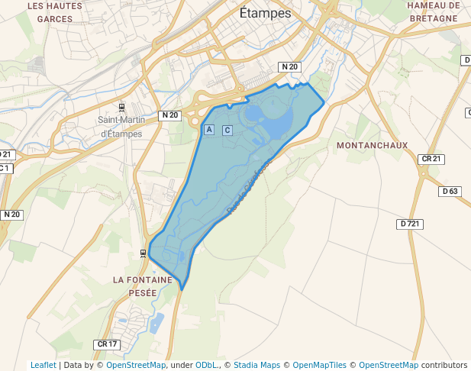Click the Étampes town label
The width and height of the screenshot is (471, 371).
(265, 14)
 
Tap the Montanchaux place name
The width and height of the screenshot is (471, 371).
(372, 145)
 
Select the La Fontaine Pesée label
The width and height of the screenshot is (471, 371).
(145, 286)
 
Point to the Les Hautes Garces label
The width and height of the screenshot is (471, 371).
(54, 12)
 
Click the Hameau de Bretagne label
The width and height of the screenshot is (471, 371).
(433, 12)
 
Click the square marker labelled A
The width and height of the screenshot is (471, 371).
(209, 130)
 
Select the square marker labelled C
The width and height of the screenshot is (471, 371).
(227, 130)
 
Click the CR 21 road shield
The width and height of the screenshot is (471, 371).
(431, 159)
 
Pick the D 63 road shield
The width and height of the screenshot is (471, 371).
(450, 191)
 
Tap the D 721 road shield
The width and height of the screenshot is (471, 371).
(410, 224)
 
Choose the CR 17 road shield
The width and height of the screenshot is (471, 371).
(108, 344)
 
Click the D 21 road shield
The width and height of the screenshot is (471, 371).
(6, 154)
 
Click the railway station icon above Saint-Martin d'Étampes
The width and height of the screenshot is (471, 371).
(121, 106)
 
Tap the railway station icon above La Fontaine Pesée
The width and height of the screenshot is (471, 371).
(143, 253)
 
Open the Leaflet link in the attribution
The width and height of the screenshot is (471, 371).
(43, 365)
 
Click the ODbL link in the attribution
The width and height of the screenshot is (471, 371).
(206, 365)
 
